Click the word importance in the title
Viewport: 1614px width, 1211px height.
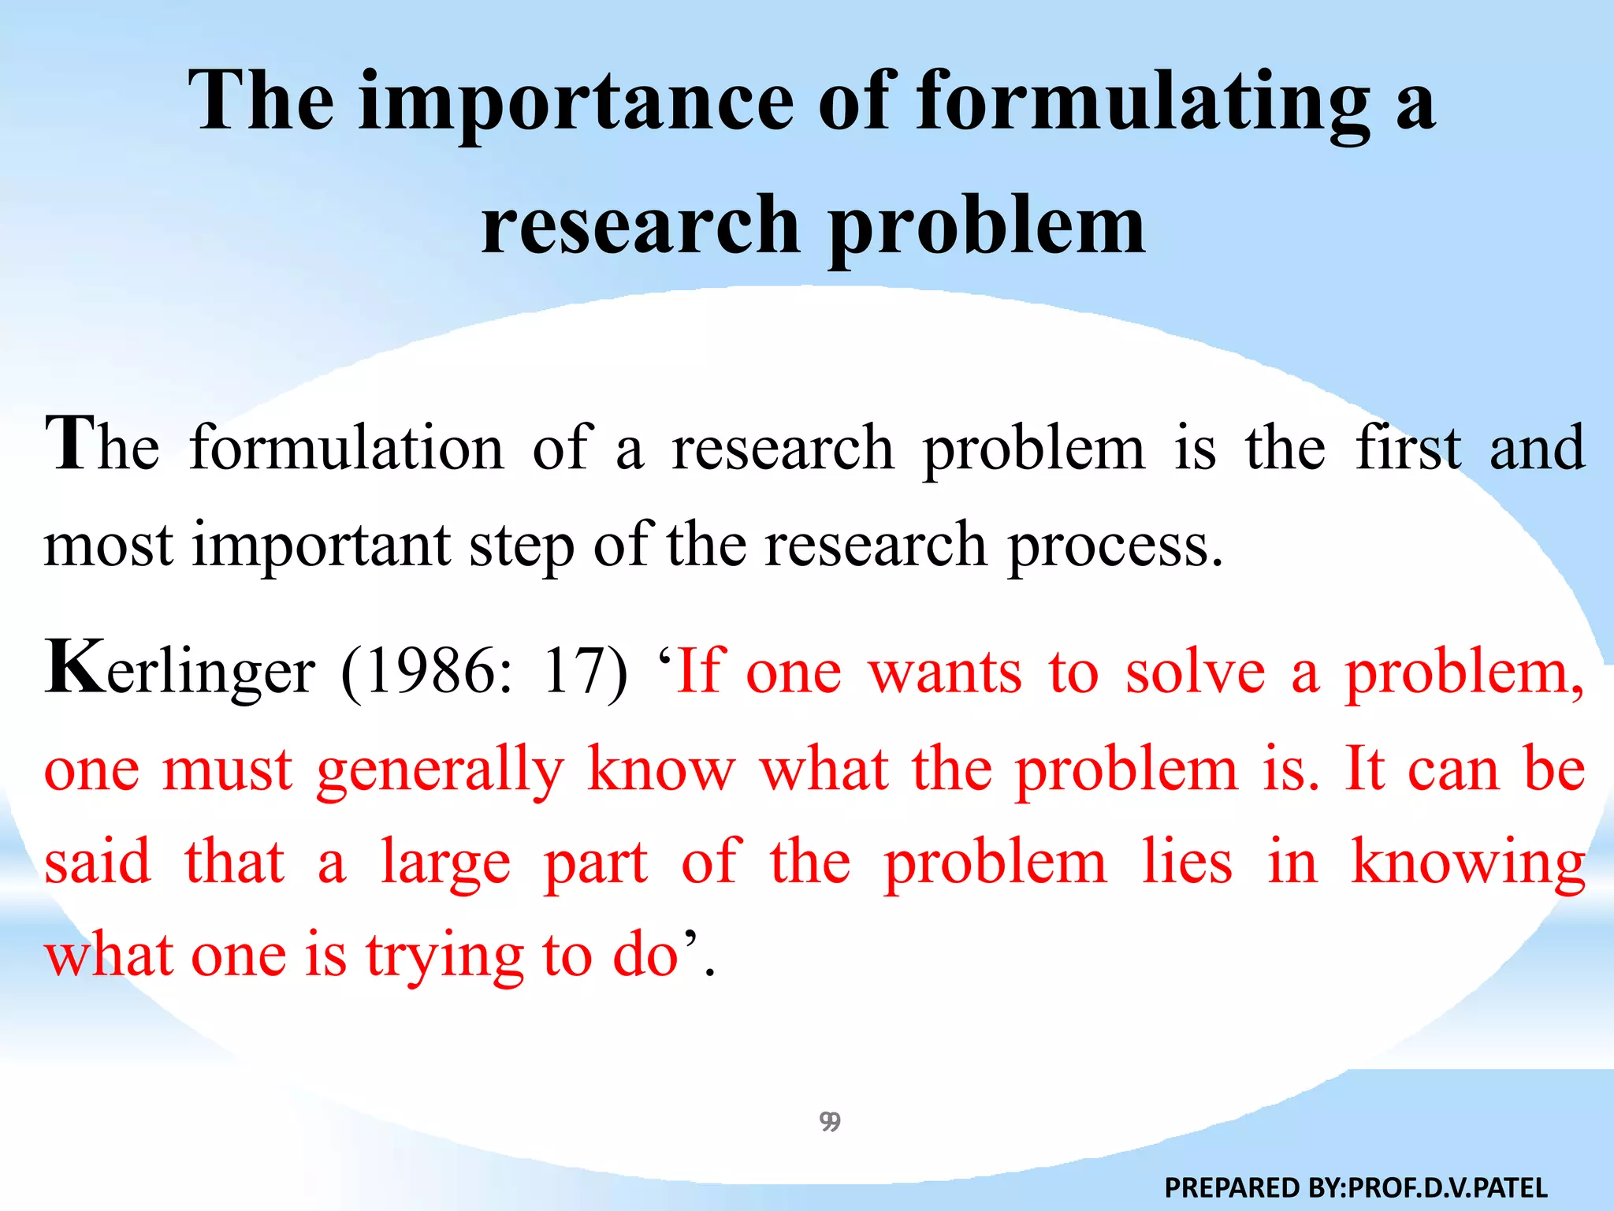click(x=575, y=102)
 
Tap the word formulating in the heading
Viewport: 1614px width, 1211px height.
click(x=1143, y=102)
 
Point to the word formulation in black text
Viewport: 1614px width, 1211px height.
click(x=347, y=448)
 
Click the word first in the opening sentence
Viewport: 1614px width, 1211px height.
click(x=1408, y=448)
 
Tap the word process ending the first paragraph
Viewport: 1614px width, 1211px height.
click(x=1115, y=546)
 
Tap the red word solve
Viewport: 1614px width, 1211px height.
click(x=1195, y=672)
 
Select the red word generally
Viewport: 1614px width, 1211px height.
click(x=441, y=769)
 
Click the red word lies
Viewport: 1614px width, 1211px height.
click(x=1187, y=862)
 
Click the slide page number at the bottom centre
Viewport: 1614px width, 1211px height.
click(x=830, y=1121)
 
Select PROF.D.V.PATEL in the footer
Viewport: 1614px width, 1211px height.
click(x=1449, y=1187)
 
